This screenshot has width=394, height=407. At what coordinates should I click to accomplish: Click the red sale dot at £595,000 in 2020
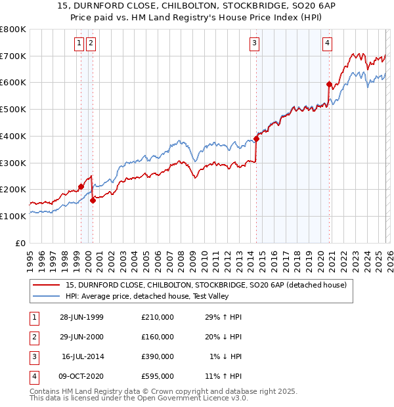pyautogui.click(x=329, y=84)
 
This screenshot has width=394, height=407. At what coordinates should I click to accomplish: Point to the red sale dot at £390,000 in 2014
pyautogui.click(x=257, y=139)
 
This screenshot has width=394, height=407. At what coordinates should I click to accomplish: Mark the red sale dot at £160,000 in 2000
pyautogui.click(x=93, y=200)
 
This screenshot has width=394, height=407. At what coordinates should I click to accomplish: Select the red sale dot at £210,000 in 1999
pyautogui.click(x=81, y=186)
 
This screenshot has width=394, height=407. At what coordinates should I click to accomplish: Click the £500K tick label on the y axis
pyautogui.click(x=13, y=109)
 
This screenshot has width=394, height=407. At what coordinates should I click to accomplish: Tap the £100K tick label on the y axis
pyautogui.click(x=13, y=216)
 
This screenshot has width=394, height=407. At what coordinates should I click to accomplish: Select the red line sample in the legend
pyautogui.click(x=46, y=285)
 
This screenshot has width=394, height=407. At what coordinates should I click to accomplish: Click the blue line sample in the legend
pyautogui.click(x=46, y=297)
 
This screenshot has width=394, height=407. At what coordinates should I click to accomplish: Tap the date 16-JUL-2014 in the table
pyautogui.click(x=82, y=356)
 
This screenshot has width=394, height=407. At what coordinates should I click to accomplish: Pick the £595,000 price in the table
pyautogui.click(x=158, y=376)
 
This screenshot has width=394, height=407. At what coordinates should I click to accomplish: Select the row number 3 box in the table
pyautogui.click(x=33, y=356)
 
